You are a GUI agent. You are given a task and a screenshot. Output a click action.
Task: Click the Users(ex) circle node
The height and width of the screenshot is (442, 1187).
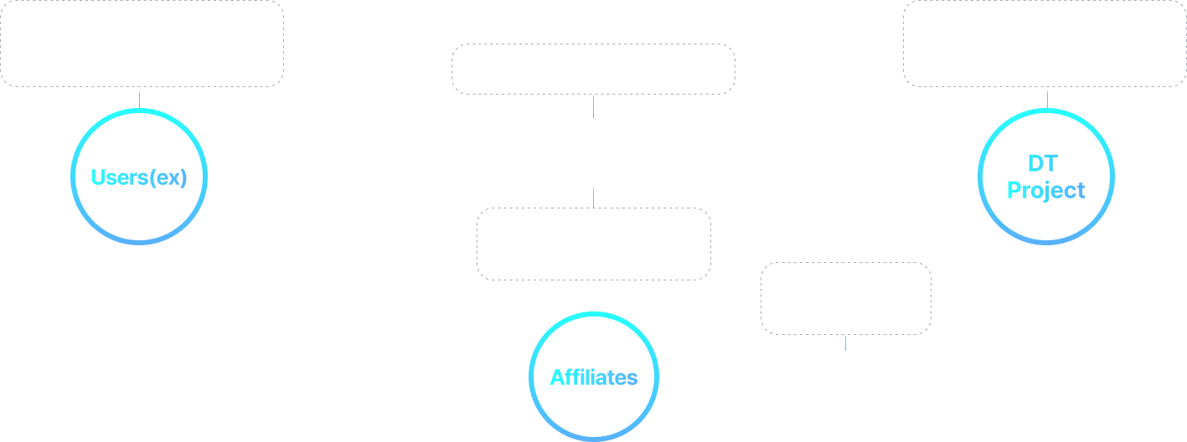(138, 177)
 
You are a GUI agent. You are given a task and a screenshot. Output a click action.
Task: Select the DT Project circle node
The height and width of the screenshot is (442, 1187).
(1045, 177)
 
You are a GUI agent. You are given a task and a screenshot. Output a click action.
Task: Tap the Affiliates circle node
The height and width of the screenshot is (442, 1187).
(594, 378)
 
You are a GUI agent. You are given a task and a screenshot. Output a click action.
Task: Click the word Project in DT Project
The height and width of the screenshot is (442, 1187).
(1045, 191)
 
